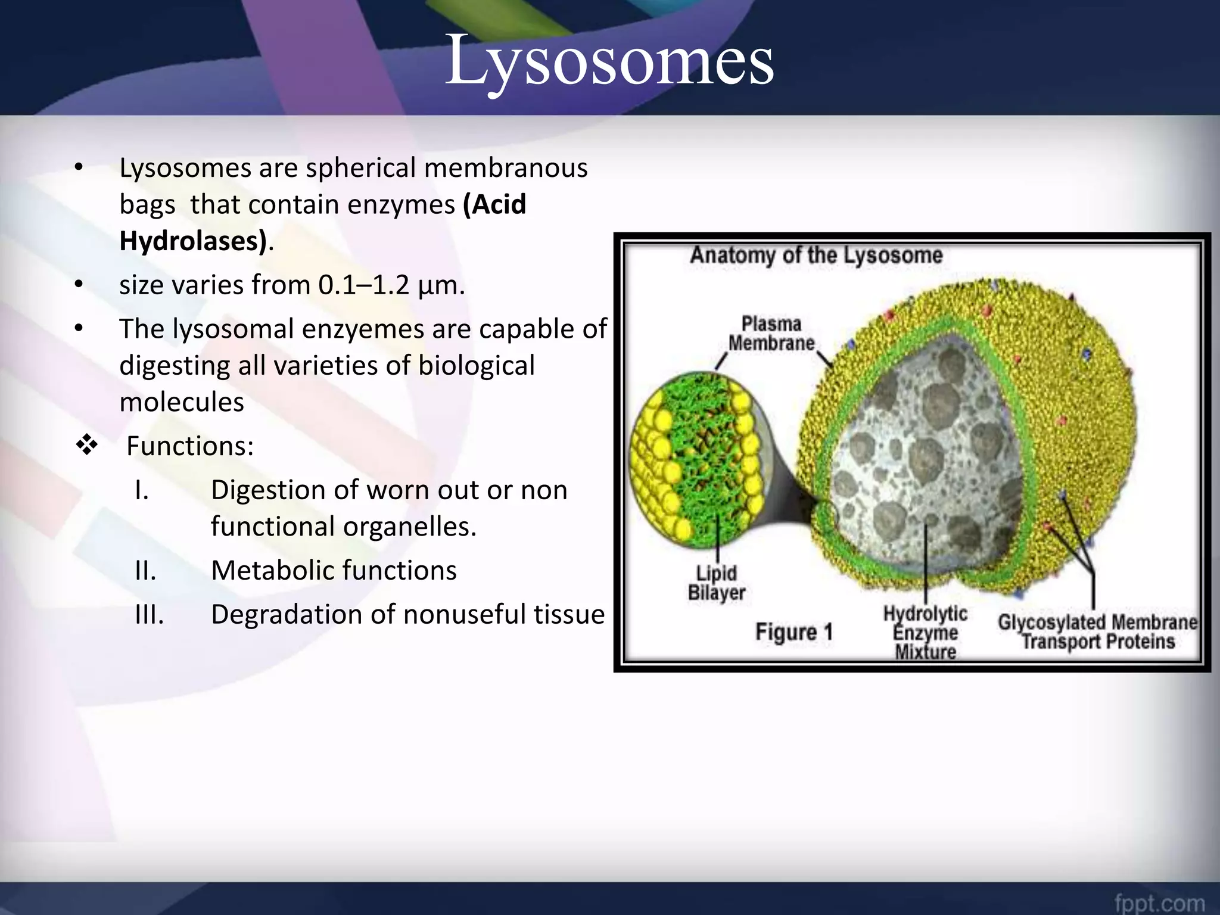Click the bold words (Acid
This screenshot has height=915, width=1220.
click(495, 204)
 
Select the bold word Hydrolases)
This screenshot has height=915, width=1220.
click(193, 241)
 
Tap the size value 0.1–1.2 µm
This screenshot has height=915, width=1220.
click(391, 285)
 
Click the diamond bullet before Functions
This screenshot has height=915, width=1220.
click(87, 445)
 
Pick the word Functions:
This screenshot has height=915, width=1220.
click(190, 446)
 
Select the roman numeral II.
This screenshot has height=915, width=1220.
click(145, 571)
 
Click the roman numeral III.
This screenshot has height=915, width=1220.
click(150, 615)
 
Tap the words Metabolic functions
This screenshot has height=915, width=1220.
click(334, 571)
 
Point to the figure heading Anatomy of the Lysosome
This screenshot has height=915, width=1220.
click(816, 256)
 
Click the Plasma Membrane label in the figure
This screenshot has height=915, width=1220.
click(771, 334)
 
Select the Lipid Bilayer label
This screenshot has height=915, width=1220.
click(716, 583)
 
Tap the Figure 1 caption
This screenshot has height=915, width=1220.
click(793, 632)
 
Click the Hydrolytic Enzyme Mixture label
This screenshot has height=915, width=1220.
click(925, 632)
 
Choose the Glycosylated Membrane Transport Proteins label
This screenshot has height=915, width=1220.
click(1097, 632)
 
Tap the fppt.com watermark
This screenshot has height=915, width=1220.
click(1159, 902)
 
